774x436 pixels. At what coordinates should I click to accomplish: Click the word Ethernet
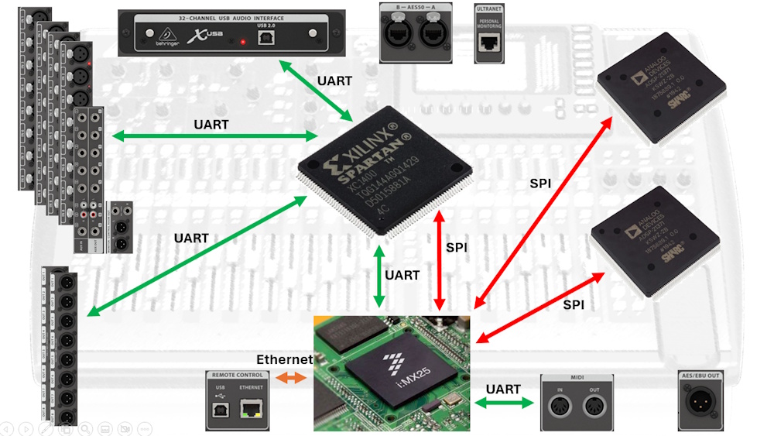(x=284, y=359)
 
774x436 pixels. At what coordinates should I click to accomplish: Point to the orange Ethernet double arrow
(x=293, y=378)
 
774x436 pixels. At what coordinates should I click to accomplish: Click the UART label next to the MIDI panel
(x=503, y=389)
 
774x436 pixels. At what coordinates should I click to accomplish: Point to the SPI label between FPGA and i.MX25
(x=457, y=247)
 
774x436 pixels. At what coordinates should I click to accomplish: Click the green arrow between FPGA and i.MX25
(x=378, y=276)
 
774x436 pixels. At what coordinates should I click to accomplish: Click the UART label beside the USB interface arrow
(x=334, y=81)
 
